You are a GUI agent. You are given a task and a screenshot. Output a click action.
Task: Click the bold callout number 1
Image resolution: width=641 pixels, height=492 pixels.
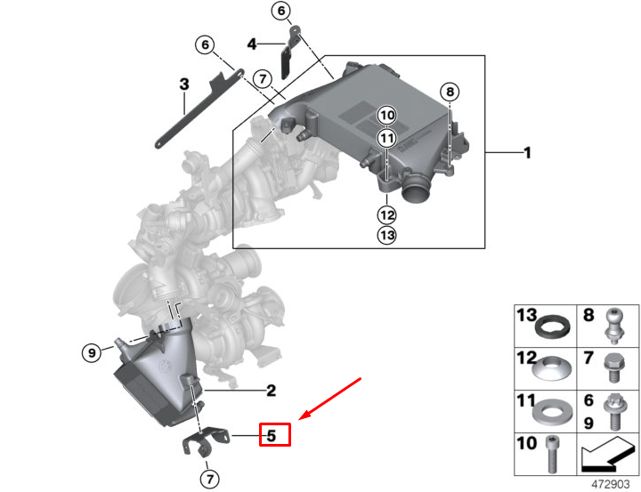[526, 153]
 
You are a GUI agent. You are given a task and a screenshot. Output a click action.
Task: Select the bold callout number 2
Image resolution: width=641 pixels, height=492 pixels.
[271, 390]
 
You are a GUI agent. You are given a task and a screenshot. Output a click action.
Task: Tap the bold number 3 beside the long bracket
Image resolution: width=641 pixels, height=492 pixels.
[184, 85]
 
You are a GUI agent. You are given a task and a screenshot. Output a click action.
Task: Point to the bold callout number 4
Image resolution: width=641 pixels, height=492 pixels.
[252, 44]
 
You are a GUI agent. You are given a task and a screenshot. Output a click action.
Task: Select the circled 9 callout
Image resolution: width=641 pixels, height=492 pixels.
[90, 353]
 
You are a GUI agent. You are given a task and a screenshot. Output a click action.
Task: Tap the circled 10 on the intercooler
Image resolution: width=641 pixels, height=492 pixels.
[385, 115]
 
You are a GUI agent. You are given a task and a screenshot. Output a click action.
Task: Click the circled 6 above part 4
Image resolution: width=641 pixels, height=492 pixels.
[281, 12]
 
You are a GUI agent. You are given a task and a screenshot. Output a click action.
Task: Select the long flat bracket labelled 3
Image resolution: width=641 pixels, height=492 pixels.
[191, 112]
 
